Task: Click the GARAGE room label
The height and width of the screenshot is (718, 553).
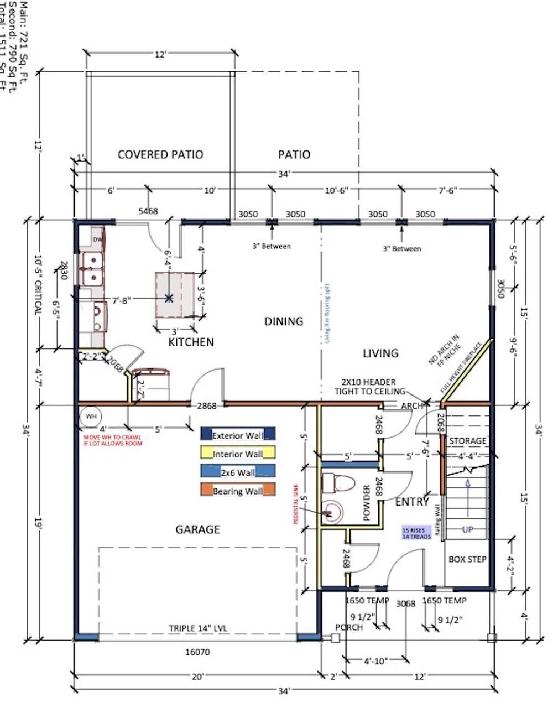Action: (197, 529)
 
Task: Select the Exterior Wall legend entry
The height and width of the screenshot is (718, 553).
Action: (238, 435)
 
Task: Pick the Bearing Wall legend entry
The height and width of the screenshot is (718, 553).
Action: (238, 491)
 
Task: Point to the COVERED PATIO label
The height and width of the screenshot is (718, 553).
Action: (160, 154)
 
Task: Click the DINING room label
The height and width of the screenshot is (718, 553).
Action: (284, 321)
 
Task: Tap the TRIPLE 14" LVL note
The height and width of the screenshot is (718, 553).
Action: (198, 628)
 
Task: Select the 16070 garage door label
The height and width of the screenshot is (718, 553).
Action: (197, 652)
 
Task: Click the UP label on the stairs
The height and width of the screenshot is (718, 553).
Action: (468, 529)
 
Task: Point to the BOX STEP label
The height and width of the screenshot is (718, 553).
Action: (467, 559)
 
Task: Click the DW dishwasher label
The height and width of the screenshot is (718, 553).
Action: (97, 240)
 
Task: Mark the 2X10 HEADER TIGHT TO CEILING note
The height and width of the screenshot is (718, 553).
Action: (368, 387)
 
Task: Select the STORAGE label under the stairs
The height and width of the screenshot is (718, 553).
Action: (468, 441)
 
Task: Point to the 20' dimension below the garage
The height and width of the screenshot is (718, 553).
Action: (198, 676)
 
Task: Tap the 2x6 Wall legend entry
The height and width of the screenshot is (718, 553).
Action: (238, 472)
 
